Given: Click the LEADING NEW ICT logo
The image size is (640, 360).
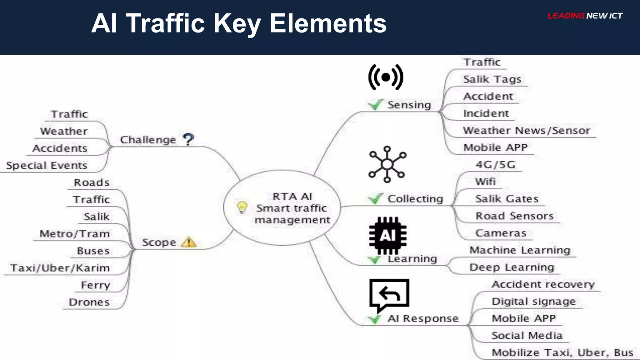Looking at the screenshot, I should coord(585,16).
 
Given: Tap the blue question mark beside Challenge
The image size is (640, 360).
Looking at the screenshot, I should coord(188,139).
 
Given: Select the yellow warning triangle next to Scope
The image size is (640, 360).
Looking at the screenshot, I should coord(189,242).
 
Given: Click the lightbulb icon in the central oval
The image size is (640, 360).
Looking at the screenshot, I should coord(242,207).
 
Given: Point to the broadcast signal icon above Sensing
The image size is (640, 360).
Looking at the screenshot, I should coord(386,77).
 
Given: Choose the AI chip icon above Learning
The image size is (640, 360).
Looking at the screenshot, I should coord(387,235).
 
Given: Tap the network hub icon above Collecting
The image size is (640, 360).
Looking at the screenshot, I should coord(387,164).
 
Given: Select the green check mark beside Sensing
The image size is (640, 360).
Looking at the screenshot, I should coord(375,105).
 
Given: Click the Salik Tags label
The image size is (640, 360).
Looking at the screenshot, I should coord(492,79).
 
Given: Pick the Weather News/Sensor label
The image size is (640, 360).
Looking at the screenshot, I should coord(527,130).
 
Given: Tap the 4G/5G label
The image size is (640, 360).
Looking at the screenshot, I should coord(495,165).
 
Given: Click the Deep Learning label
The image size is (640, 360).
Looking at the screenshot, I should coord(512,267).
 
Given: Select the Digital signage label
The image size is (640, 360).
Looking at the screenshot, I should coord(533,301).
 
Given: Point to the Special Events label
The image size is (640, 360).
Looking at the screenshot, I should coord(47,165).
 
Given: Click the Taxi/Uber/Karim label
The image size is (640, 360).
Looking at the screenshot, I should coord(60,268).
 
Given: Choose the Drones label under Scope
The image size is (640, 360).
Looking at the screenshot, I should coord(89,302).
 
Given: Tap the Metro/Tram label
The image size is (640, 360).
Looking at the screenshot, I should coord(75,234).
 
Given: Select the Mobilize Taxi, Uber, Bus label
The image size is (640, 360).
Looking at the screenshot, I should coord(562,352).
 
